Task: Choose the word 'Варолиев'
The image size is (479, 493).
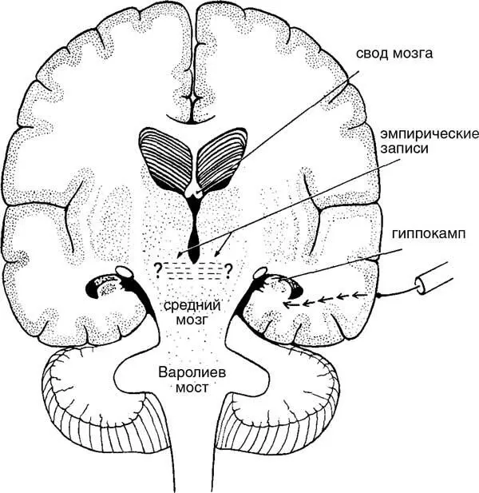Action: pos(193,372)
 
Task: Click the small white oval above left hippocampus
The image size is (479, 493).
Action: pos(125,272)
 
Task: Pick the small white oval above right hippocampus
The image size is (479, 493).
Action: pos(260,274)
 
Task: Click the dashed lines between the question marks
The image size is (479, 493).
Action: pos(193,268)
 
